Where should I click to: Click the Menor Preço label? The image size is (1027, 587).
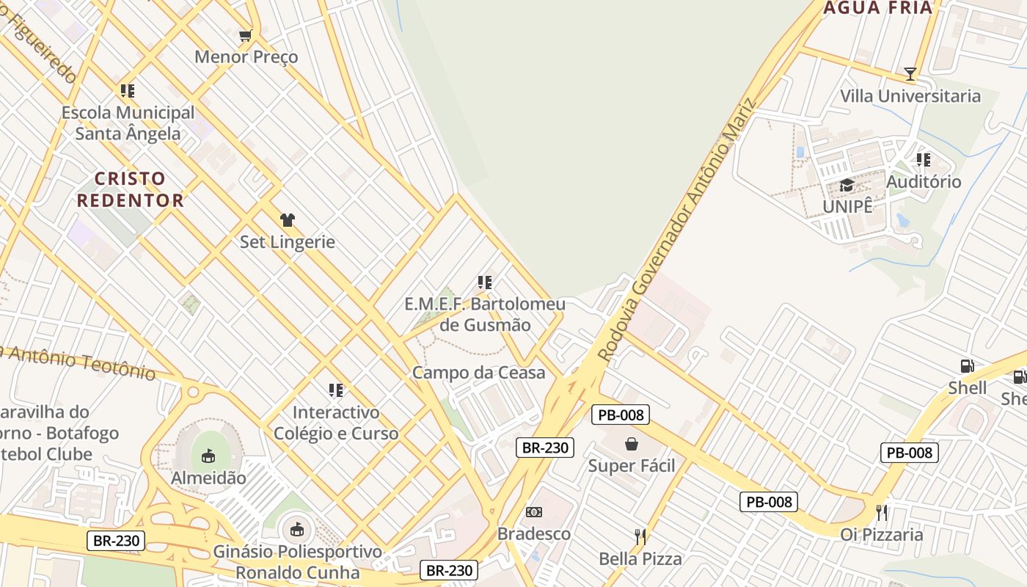pyautogui.click(x=246, y=56)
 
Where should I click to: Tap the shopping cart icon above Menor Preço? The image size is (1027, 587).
pyautogui.click(x=246, y=35)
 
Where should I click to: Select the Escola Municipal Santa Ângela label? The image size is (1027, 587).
pyautogui.click(x=128, y=123)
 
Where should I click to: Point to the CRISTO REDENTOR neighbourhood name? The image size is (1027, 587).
pyautogui.click(x=130, y=189)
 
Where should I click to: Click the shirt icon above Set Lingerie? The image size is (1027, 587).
pyautogui.click(x=287, y=219)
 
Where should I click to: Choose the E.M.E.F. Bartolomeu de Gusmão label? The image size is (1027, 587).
pyautogui.click(x=485, y=315)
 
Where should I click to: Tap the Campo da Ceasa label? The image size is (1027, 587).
pyautogui.click(x=478, y=373)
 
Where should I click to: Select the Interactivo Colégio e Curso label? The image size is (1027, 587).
pyautogui.click(x=336, y=423)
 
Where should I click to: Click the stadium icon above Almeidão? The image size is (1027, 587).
pyautogui.click(x=208, y=456)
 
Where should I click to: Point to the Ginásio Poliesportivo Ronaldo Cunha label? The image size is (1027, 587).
pyautogui.click(x=297, y=562)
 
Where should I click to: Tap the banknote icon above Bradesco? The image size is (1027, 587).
pyautogui.click(x=534, y=512)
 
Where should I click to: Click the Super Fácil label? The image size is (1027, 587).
pyautogui.click(x=632, y=466)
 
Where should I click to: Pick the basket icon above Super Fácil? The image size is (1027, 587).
pyautogui.click(x=632, y=444)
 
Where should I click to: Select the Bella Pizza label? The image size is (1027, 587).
pyautogui.click(x=640, y=559)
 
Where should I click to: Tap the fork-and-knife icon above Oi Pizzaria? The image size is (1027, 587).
pyautogui.click(x=882, y=512)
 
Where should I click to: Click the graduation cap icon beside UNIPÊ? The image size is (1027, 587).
pyautogui.click(x=847, y=185)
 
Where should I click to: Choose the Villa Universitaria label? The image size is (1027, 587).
pyautogui.click(x=910, y=96)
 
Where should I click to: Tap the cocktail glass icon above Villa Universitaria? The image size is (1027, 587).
pyautogui.click(x=910, y=73)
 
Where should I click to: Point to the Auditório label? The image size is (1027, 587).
pyautogui.click(x=924, y=181)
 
